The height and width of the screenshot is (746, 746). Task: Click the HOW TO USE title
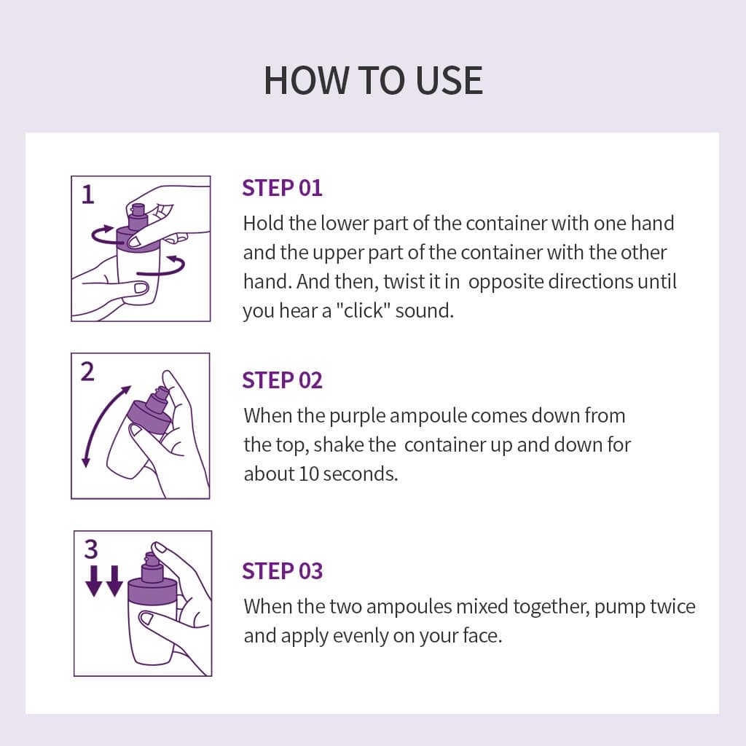[374, 80]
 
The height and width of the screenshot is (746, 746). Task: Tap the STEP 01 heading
[282, 188]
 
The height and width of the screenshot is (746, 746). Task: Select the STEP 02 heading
[282, 380]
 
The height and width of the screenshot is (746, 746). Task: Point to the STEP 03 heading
[282, 571]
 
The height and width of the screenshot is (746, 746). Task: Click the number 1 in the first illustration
[88, 195]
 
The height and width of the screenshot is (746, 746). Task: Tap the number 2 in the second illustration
[87, 372]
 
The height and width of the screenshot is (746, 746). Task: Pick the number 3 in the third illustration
[91, 549]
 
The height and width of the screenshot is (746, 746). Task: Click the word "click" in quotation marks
[364, 310]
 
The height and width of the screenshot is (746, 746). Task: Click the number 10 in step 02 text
[308, 474]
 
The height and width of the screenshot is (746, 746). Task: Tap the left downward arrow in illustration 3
[94, 581]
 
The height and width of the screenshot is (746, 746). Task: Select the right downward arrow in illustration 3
[114, 581]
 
